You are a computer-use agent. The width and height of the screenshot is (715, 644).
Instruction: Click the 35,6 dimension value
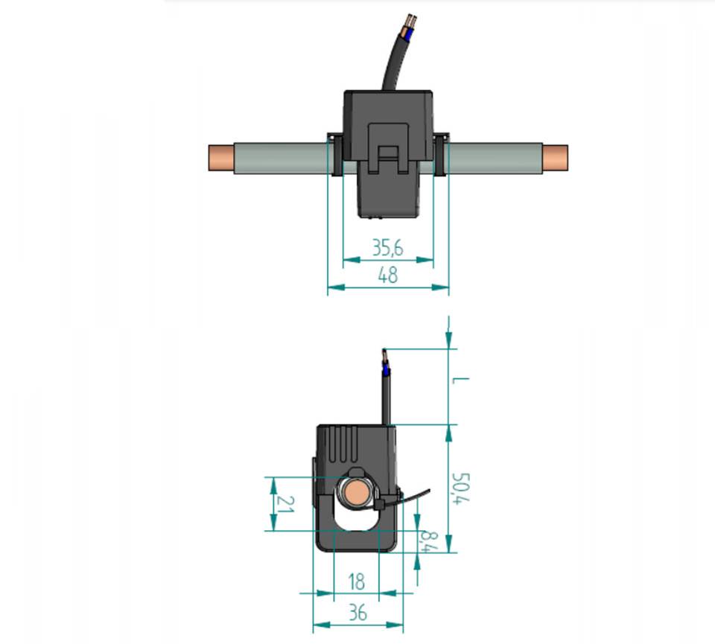(388, 247)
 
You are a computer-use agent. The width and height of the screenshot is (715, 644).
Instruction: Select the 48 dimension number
(388, 275)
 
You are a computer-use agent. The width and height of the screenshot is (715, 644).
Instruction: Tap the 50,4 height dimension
(460, 488)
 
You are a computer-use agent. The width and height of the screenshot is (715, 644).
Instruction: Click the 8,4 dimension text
(429, 541)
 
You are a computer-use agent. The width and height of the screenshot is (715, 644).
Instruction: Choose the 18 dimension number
(357, 581)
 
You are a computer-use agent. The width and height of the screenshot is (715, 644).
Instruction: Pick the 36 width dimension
(357, 613)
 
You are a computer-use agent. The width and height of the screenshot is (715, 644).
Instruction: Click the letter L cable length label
(460, 380)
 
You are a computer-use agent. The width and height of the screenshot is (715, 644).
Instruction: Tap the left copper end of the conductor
(221, 158)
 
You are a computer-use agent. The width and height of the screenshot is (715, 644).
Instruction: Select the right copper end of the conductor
(556, 157)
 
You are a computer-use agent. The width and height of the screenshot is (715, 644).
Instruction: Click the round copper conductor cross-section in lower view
(356, 494)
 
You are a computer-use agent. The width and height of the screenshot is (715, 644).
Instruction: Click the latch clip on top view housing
(388, 149)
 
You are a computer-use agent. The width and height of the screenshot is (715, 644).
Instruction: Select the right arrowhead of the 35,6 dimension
(425, 260)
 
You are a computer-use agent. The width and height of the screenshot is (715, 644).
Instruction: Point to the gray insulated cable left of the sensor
(281, 158)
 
